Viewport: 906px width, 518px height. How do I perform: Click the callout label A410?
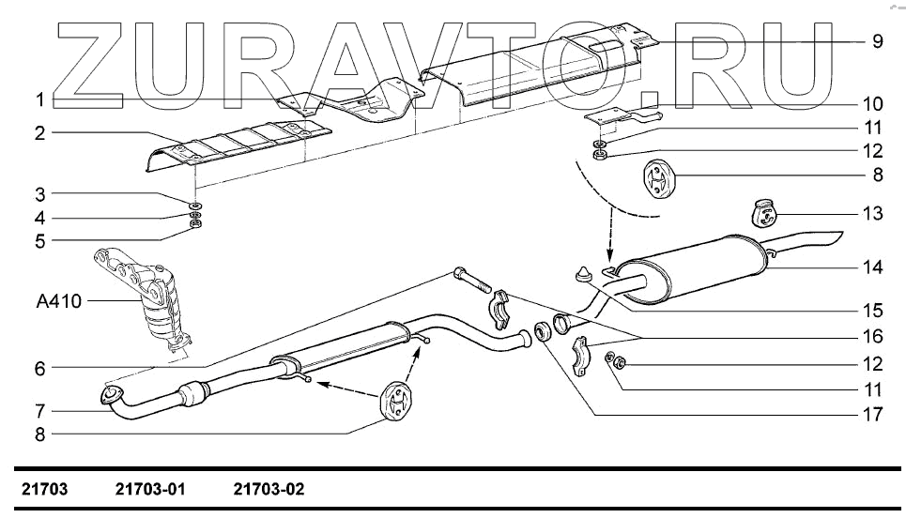coord(58,301)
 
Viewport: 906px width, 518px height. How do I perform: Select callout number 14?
coord(873,267)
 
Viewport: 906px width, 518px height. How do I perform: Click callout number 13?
coord(873,214)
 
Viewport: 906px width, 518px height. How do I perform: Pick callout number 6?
coord(40,369)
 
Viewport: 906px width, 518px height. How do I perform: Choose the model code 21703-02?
coord(269,490)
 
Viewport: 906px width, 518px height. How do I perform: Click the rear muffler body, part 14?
coord(695,267)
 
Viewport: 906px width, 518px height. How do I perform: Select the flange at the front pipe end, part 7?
coord(111,395)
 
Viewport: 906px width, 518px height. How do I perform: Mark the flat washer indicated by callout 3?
coord(195,204)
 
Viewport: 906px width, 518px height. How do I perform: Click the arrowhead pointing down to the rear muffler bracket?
coord(608,259)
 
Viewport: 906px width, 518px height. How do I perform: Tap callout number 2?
coord(40,133)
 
